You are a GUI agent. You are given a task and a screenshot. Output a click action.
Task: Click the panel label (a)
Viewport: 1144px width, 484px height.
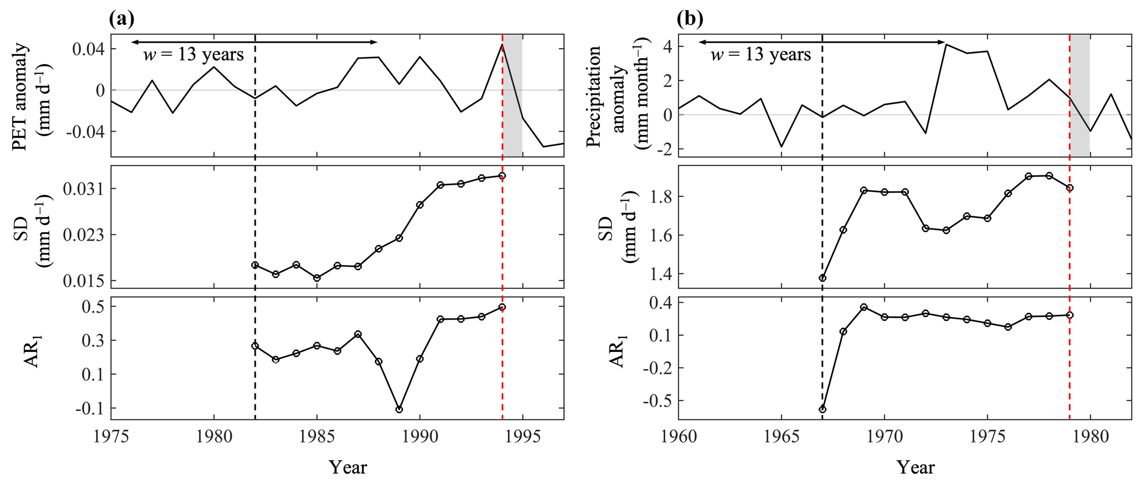coord(122,19)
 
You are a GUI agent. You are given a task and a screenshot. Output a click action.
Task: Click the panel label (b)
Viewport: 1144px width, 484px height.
coord(690,19)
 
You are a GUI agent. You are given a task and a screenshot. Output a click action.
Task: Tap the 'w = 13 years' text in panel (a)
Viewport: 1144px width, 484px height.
coord(193,55)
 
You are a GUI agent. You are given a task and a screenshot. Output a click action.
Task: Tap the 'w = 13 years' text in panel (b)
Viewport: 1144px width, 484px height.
coord(760,55)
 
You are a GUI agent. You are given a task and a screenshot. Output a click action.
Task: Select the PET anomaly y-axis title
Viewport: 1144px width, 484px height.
coord(30,97)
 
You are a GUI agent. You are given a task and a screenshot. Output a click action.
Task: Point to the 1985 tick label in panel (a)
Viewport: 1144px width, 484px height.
coord(317,437)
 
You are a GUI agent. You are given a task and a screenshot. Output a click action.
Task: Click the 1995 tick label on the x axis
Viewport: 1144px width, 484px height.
coord(522,437)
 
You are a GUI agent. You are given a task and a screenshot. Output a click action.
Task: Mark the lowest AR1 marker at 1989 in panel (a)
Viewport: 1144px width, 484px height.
coord(399,409)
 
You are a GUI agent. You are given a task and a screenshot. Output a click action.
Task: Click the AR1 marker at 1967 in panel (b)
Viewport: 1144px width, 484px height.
coord(822,409)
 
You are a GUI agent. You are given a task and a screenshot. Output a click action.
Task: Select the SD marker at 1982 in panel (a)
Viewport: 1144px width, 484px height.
coord(255,265)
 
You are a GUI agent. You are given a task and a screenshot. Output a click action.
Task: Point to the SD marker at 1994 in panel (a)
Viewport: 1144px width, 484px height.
coord(502,176)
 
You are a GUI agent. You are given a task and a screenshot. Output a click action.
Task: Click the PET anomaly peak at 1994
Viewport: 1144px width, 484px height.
coord(502,44)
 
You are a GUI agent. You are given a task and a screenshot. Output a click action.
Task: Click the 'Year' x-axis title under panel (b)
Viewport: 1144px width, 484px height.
coord(915,467)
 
